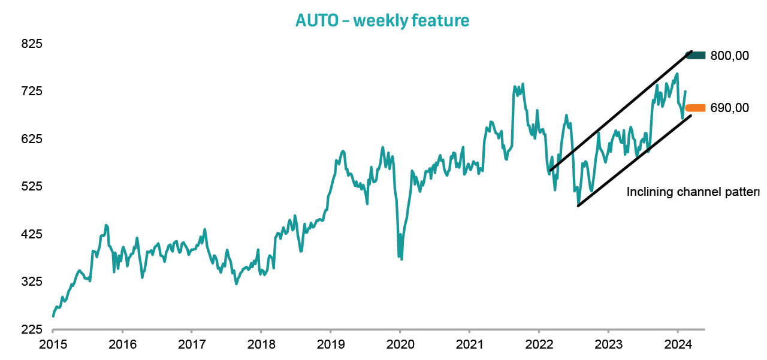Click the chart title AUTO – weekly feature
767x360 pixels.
pyautogui.click(x=382, y=20)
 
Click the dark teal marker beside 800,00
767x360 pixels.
pyautogui.click(x=696, y=56)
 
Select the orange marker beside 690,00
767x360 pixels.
pyautogui.click(x=696, y=108)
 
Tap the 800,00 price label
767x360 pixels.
pyautogui.click(x=729, y=56)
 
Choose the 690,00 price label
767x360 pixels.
pyautogui.click(x=729, y=108)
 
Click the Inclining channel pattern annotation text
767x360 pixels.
pyautogui.click(x=693, y=192)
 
